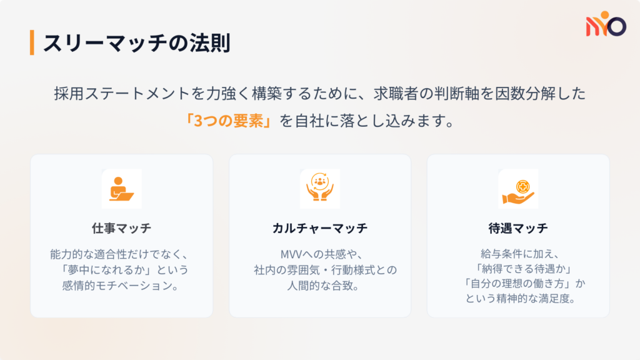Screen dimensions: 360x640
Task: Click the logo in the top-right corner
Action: [605, 25]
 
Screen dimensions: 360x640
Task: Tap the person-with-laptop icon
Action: [121, 189]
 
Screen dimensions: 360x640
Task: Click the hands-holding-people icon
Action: [319, 189]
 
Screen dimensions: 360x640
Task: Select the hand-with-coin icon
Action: [517, 189]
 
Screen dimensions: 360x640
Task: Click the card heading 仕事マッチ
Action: [121, 228]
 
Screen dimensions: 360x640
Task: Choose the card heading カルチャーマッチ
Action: [319, 228]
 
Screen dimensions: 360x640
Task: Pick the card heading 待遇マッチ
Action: [517, 228]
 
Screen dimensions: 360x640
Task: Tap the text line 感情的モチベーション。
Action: [121, 286]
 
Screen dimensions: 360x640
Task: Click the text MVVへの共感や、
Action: [319, 254]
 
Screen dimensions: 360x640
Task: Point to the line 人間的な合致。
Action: [319, 286]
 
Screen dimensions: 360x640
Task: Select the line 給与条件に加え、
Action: [517, 254]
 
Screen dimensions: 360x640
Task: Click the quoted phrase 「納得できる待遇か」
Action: [517, 269]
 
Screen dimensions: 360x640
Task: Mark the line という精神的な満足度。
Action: [517, 299]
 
